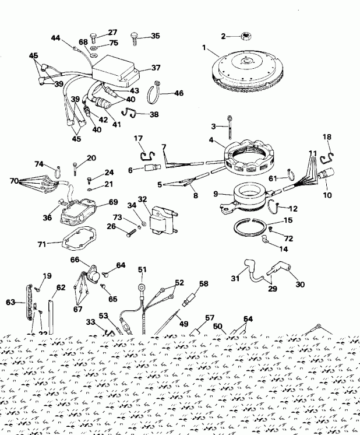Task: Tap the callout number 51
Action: point(142,269)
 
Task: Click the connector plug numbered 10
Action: point(326,175)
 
